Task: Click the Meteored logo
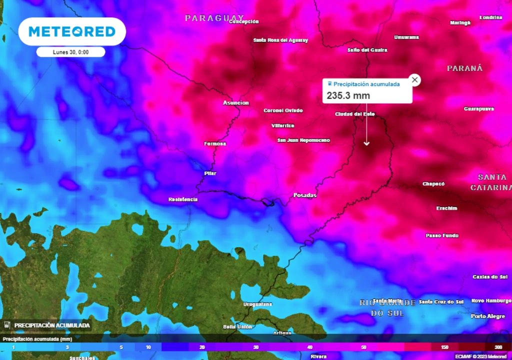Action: coord(72,31)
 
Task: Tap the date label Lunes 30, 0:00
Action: coord(70,52)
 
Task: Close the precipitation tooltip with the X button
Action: coord(414,80)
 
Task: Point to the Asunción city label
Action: coord(235,103)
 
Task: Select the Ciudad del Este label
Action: coord(354,114)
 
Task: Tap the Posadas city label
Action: coord(304,195)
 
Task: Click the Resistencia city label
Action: coord(182,199)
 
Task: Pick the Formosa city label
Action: coord(215,143)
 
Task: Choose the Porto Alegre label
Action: coord(488,316)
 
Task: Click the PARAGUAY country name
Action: coord(214,18)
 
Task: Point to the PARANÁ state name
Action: coord(464,68)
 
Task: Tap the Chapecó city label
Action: coord(433,183)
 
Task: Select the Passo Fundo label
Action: coord(441,235)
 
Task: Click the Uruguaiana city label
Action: coord(257,304)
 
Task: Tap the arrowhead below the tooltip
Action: coord(366,143)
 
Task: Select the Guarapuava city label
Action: coord(478,108)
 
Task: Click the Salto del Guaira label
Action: coord(367,50)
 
